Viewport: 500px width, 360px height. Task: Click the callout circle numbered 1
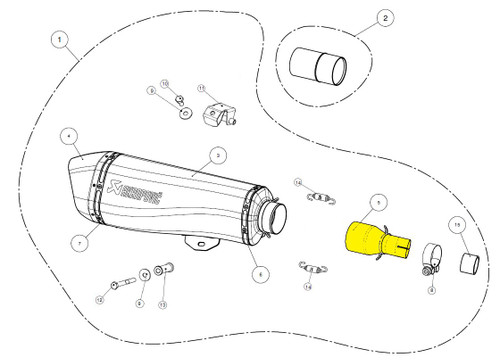click(62, 42)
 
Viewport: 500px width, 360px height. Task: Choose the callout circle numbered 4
click(68, 133)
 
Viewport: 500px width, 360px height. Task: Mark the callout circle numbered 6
click(258, 273)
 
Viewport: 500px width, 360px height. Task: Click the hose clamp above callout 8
click(428, 262)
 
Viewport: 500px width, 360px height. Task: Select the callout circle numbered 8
click(431, 289)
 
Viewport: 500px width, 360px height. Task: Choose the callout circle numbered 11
click(200, 91)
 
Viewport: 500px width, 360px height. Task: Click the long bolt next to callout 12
click(123, 283)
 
